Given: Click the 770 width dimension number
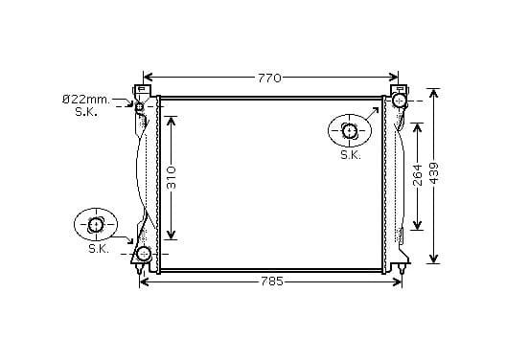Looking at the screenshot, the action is (x=269, y=79).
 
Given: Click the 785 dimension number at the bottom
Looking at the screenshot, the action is (x=272, y=281).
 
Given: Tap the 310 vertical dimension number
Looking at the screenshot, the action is (x=172, y=177).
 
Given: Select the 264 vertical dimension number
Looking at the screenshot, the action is (x=418, y=175).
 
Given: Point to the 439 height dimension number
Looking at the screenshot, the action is (x=434, y=173).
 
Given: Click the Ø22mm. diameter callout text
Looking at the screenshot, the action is (x=86, y=100).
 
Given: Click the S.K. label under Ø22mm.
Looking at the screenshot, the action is (x=86, y=112).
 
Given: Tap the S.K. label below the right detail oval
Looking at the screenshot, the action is (x=351, y=155).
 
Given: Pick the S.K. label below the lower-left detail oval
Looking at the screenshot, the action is (x=99, y=249).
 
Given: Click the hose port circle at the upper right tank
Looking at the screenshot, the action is (x=400, y=101).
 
